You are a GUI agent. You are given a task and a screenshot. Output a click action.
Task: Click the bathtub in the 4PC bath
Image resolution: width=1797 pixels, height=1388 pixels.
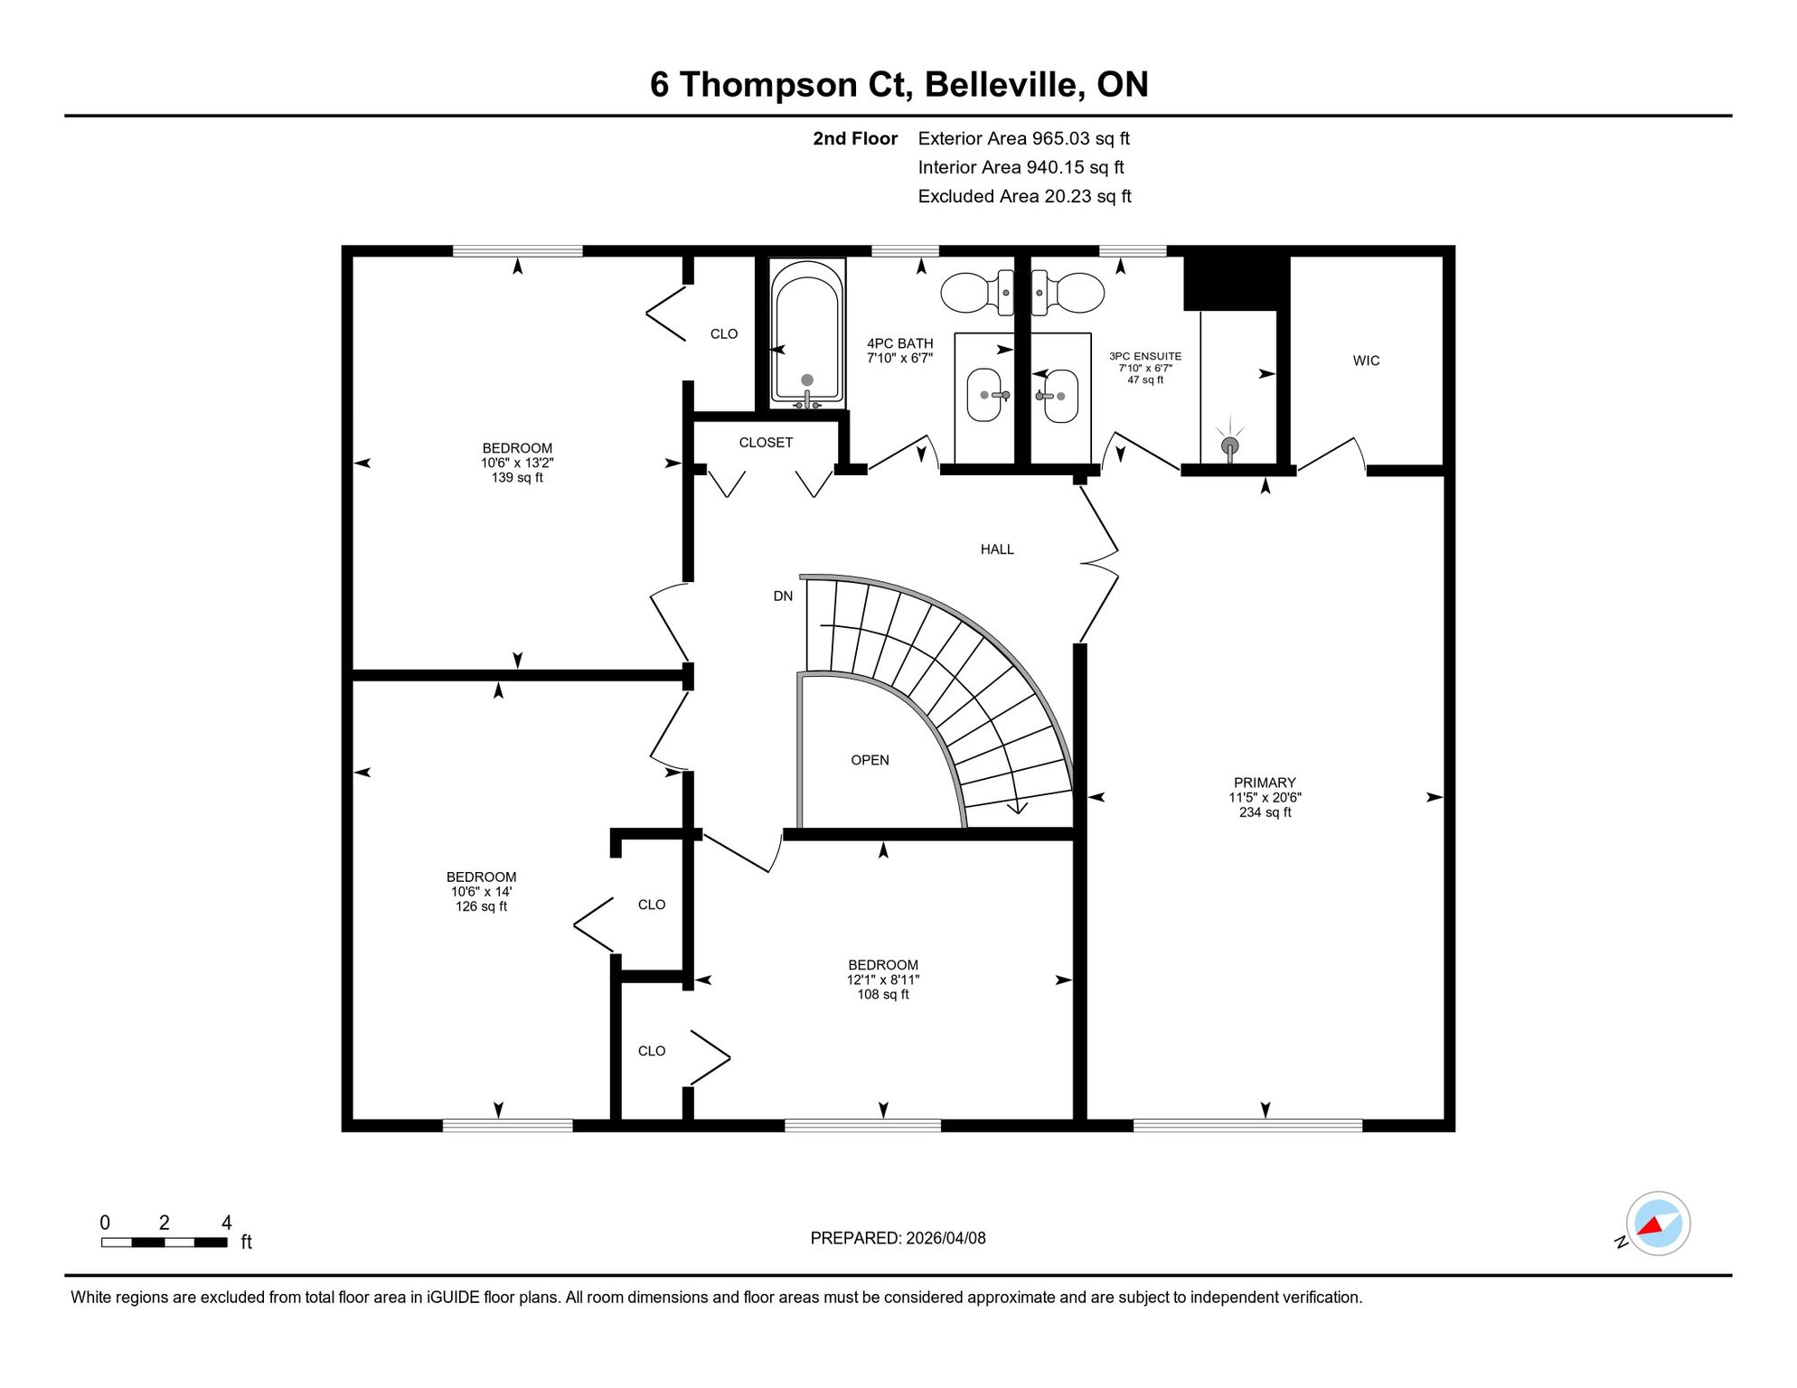tap(807, 332)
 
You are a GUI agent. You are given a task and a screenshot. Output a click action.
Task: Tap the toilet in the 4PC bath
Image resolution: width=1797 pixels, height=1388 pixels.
tap(977, 293)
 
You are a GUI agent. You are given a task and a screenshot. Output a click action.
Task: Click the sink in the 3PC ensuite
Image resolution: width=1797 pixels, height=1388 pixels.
tap(1060, 396)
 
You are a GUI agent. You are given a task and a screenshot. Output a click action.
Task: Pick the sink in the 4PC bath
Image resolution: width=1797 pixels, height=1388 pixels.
tap(985, 395)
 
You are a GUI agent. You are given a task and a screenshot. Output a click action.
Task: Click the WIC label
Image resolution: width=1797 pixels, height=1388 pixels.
tap(1366, 361)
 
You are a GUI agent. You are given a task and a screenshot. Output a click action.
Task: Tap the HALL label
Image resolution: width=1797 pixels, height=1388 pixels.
tap(997, 549)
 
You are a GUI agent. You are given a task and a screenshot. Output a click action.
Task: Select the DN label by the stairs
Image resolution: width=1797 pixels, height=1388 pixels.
tap(783, 596)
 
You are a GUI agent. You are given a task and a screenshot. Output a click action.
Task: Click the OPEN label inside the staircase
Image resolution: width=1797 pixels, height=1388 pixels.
tap(870, 760)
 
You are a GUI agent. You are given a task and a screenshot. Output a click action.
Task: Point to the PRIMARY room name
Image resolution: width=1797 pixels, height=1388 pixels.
tap(1265, 783)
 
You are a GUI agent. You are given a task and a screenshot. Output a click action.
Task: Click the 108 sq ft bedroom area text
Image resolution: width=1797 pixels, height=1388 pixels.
tap(883, 995)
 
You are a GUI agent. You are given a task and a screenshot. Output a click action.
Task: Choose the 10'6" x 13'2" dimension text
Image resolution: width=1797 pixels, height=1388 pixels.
tap(517, 463)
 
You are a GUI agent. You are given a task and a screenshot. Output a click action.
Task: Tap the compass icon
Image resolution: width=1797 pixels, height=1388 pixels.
tap(1658, 1224)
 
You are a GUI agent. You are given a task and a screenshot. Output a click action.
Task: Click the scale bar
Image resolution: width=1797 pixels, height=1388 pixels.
tap(165, 1243)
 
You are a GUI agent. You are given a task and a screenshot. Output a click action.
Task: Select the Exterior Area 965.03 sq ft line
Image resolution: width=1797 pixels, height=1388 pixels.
tap(1023, 138)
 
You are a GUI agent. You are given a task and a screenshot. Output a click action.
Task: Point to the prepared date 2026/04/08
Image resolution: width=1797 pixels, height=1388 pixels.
tap(946, 1238)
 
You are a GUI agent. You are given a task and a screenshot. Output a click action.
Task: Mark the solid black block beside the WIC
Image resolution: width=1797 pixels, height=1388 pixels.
tap(1236, 283)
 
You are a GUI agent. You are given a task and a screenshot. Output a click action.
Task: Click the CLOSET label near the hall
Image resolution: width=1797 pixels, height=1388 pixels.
tap(766, 443)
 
